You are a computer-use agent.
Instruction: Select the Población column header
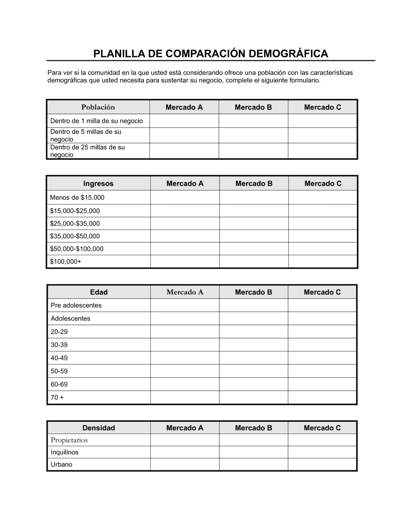98,107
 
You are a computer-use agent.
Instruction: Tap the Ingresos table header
98,183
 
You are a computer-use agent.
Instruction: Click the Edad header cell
99,292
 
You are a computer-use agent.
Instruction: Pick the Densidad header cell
99,428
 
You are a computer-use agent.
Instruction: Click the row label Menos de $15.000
77,197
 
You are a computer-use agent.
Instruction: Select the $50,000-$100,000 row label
77,249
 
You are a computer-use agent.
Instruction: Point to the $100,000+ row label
65,261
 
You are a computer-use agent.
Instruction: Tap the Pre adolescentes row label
76,305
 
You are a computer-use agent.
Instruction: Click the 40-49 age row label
59,358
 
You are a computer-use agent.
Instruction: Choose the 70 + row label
57,397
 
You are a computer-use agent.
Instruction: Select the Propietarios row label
69,440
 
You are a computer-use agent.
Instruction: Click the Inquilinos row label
64,452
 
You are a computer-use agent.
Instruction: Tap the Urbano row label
61,464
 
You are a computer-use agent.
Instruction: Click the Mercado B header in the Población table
253,107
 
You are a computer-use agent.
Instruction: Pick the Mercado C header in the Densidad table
322,428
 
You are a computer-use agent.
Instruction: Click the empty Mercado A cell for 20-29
185,332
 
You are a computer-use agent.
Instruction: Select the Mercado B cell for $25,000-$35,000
254,223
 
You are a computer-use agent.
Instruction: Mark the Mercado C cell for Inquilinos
322,452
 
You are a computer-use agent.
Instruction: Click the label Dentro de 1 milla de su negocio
97,121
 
